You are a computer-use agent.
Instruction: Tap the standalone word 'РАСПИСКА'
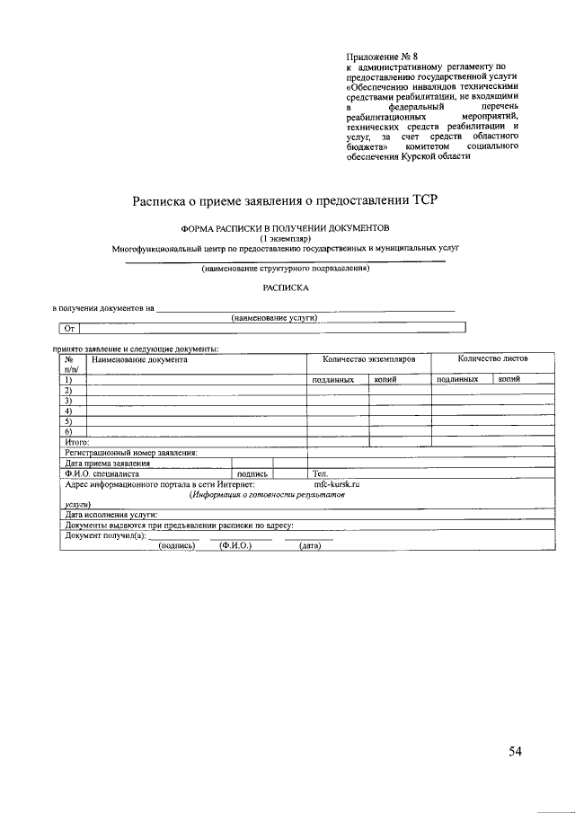(x=285, y=288)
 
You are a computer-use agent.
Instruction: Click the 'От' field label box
(x=70, y=329)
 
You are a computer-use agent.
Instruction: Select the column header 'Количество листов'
(x=492, y=358)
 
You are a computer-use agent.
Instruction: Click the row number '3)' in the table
(x=68, y=401)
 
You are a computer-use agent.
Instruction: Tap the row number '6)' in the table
(x=68, y=432)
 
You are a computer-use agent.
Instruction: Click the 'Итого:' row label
(x=76, y=442)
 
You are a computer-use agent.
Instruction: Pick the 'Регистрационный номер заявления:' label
(x=131, y=453)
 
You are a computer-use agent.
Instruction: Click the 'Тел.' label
(x=321, y=473)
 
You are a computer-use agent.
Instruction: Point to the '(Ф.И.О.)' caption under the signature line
(x=235, y=545)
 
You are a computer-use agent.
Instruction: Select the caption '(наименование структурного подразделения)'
(x=285, y=269)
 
